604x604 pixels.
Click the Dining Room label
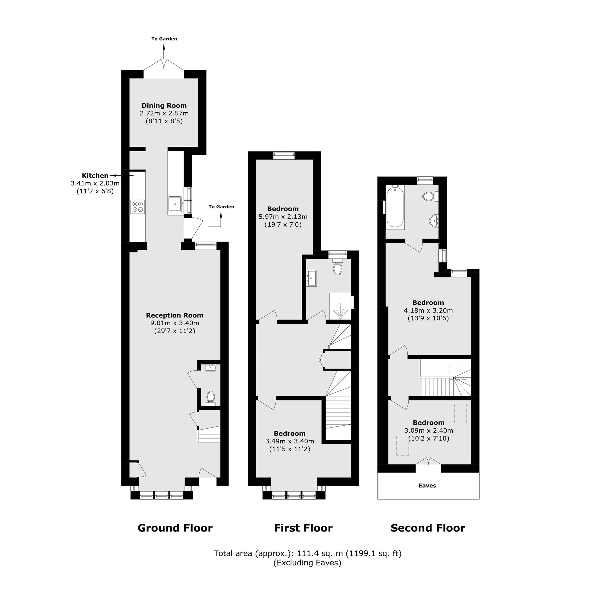coord(164,106)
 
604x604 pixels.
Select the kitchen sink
coord(175,204)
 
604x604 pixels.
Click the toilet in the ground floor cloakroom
coord(211,397)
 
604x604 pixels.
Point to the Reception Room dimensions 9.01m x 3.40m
coord(175,323)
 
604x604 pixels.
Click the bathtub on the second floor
coord(395,206)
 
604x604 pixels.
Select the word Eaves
coord(427,486)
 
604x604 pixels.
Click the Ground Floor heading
coord(175,528)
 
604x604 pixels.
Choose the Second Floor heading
coord(428,528)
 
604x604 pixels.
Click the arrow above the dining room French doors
coord(164,51)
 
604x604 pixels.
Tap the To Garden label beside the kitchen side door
coord(221,207)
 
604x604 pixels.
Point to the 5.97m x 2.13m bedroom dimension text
coord(283,217)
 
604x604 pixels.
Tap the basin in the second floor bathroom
coord(434,221)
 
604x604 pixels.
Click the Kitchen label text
coord(95,175)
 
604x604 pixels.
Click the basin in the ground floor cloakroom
coord(210,368)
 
